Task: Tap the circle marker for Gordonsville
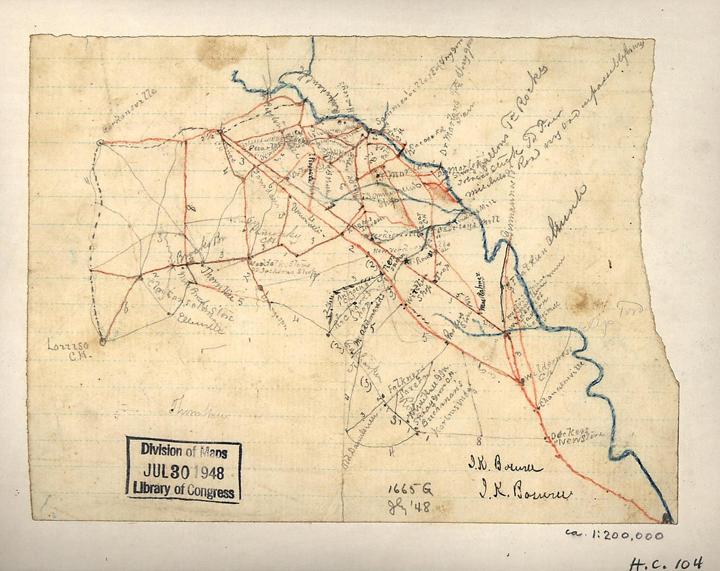[x=99, y=142]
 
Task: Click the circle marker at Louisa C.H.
[x=102, y=341]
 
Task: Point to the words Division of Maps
[x=183, y=450]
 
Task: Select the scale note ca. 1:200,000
[x=613, y=536]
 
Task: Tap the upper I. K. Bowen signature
[x=504, y=466]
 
